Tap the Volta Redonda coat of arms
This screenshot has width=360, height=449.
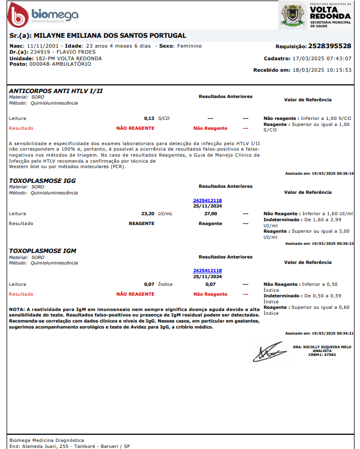293,15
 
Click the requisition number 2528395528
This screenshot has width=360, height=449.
330,46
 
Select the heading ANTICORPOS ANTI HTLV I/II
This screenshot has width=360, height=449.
56,90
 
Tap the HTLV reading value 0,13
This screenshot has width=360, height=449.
149,118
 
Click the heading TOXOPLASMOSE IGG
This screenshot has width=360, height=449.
43,180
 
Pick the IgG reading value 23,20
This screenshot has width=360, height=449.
147,214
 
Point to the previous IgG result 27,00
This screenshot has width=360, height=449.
210,214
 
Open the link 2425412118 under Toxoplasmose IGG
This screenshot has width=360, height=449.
207,200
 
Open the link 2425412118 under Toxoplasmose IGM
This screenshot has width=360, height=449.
207,270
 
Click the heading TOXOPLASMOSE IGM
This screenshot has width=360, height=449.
43,251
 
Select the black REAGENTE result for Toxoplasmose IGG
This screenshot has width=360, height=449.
141,223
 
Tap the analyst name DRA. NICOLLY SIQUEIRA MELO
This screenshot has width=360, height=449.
322,347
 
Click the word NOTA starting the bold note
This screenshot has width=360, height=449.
17,310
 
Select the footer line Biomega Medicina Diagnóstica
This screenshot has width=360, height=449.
47,440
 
